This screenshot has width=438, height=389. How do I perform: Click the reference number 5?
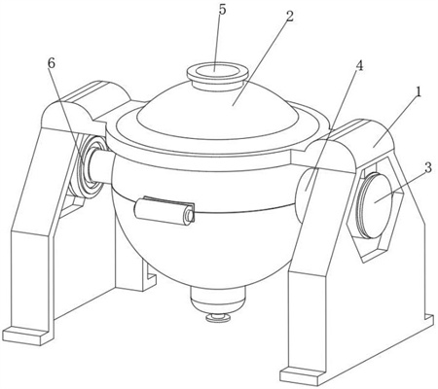click(x=222, y=10)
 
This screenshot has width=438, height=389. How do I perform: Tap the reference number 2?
click(x=289, y=17)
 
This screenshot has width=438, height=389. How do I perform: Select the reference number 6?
click(x=52, y=63)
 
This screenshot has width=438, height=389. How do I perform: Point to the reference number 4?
click(x=358, y=67)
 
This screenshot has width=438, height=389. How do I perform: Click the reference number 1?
click(x=419, y=93)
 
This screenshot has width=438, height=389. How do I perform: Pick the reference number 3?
click(x=428, y=168)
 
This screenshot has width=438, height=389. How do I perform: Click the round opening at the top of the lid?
click(x=217, y=71)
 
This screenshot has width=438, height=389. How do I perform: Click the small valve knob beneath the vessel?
click(x=218, y=317)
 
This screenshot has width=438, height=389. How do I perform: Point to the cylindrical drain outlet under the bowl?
click(x=217, y=299)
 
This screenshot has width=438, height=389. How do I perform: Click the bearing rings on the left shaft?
click(x=89, y=166)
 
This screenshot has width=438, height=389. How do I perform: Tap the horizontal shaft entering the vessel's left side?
click(x=100, y=167)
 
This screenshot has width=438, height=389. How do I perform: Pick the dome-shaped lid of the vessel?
click(x=218, y=110)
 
